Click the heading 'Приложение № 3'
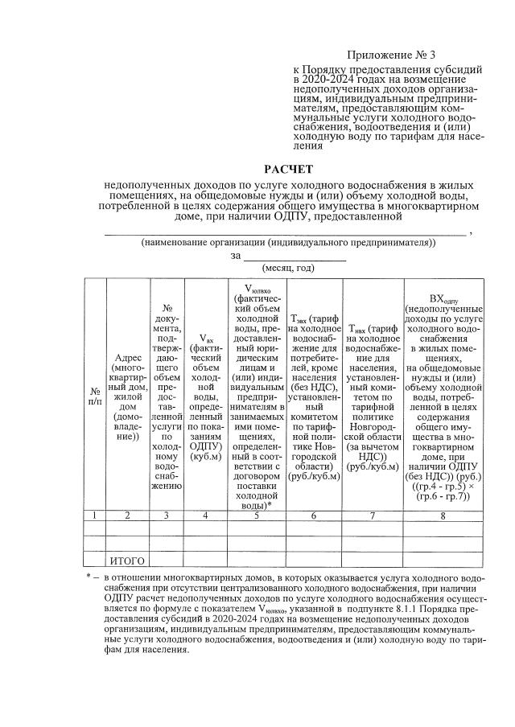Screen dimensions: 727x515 click(x=390, y=55)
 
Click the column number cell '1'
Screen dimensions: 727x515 click(x=95, y=515)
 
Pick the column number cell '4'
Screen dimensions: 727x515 click(x=206, y=515)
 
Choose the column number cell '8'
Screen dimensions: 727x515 click(x=443, y=515)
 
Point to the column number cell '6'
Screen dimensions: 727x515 click(x=314, y=515)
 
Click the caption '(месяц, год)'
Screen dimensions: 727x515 click(x=288, y=268)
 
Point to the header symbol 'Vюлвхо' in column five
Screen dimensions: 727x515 click(x=256, y=287)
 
